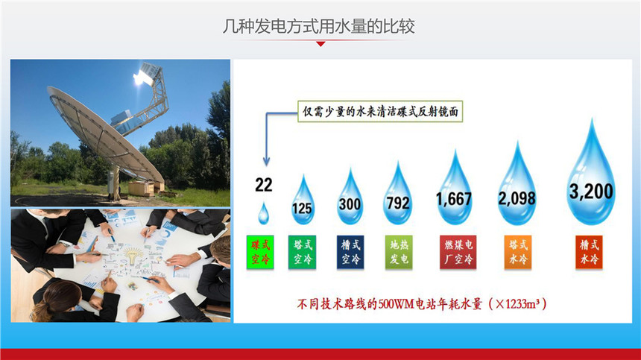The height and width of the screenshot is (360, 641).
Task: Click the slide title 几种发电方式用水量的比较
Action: pyautogui.click(x=318, y=27)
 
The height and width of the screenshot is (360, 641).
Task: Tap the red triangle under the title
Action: pyautogui.click(x=321, y=44)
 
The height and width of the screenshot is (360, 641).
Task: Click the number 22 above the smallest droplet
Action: pyautogui.click(x=264, y=185)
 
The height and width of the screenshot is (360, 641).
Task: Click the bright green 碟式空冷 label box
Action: pyautogui.click(x=260, y=252)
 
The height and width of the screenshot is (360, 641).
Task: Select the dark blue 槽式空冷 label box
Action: pyautogui.click(x=350, y=252)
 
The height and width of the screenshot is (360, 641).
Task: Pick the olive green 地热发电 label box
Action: pyautogui.click(x=399, y=252)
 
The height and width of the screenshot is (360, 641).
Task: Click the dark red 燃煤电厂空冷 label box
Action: pyautogui.click(x=458, y=252)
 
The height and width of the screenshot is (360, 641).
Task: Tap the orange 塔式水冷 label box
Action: pyautogui.click(x=518, y=252)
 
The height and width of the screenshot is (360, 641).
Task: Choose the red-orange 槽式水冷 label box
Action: pyautogui.click(x=589, y=252)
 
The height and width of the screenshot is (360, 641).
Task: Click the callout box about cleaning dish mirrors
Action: pyautogui.click(x=380, y=112)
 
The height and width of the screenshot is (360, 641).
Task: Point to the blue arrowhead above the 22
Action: pyautogui.click(x=267, y=162)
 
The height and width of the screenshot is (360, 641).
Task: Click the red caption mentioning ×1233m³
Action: pyautogui.click(x=421, y=304)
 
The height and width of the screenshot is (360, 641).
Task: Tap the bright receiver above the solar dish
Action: pyautogui.click(x=143, y=75)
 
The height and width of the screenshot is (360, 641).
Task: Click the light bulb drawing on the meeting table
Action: pyautogui.click(x=132, y=256)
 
